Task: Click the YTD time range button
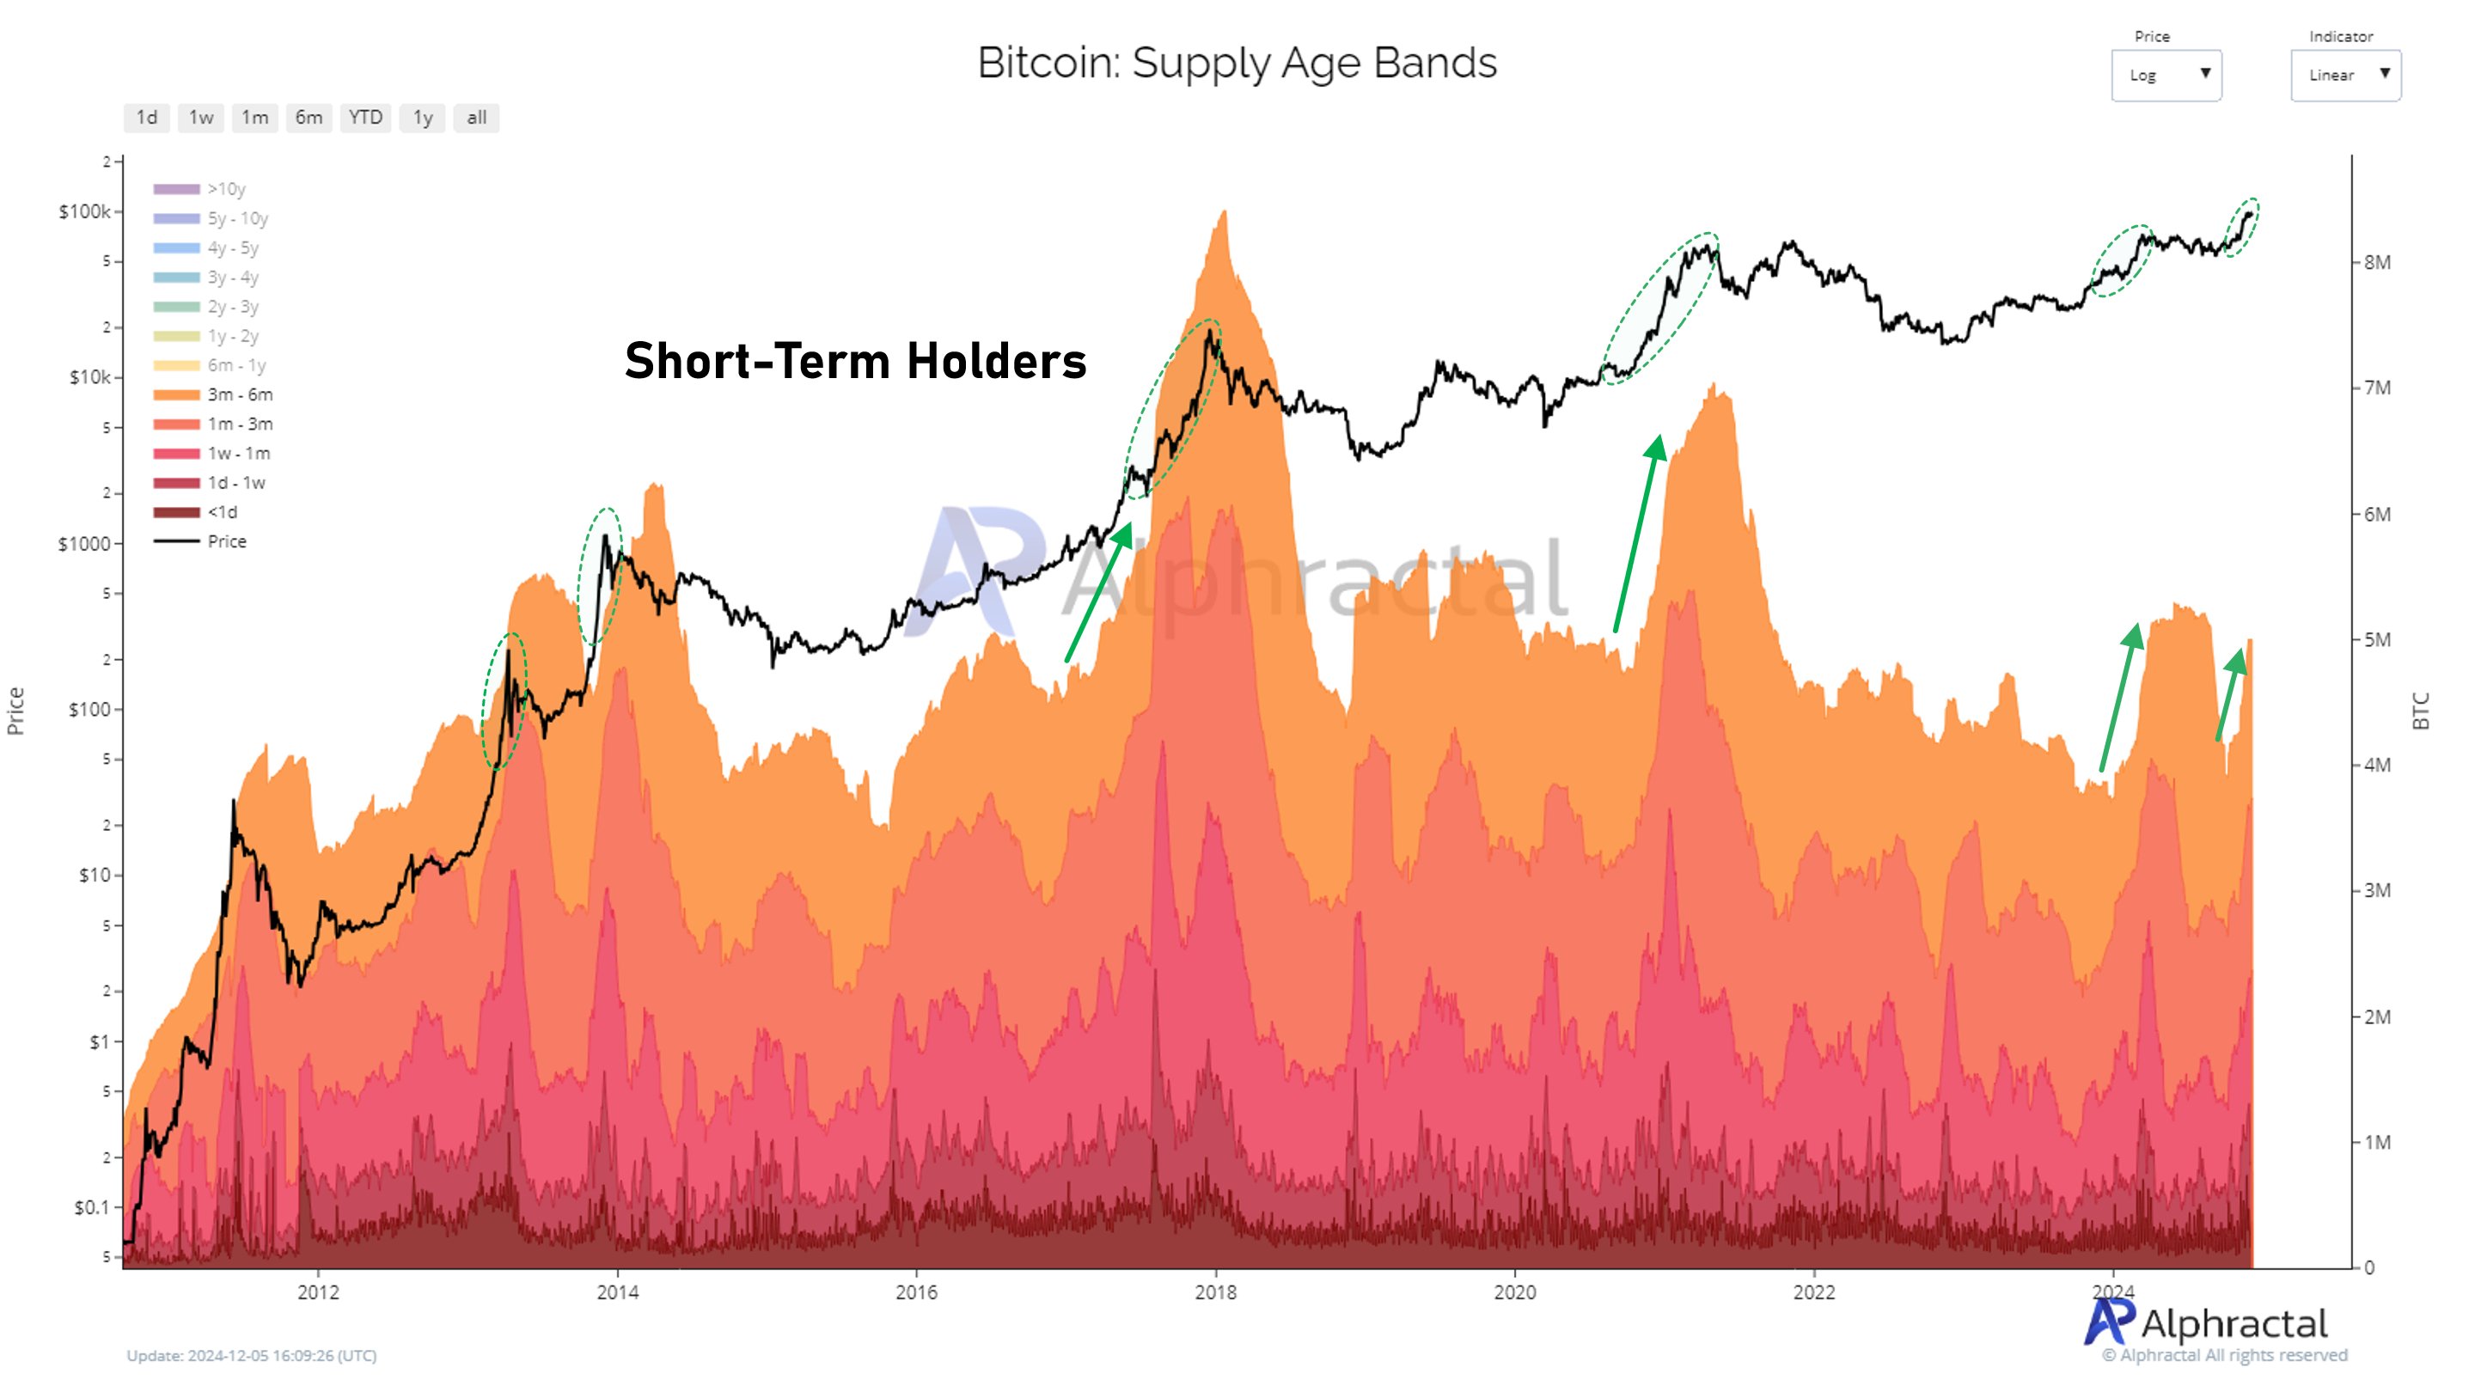[x=365, y=117]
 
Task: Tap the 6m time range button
[x=309, y=117]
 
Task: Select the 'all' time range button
[x=477, y=117]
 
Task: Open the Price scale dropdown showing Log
[x=2166, y=75]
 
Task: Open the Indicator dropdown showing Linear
[x=2345, y=75]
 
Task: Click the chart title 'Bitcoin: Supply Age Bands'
[x=1237, y=64]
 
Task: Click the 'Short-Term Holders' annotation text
[x=855, y=361]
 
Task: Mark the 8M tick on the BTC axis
[x=2377, y=262]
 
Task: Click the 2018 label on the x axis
[x=1215, y=1292]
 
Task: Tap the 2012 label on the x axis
[x=318, y=1292]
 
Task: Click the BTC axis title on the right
[x=2420, y=711]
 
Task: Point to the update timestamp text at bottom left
[x=252, y=1356]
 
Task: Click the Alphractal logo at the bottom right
[x=2206, y=1324]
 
